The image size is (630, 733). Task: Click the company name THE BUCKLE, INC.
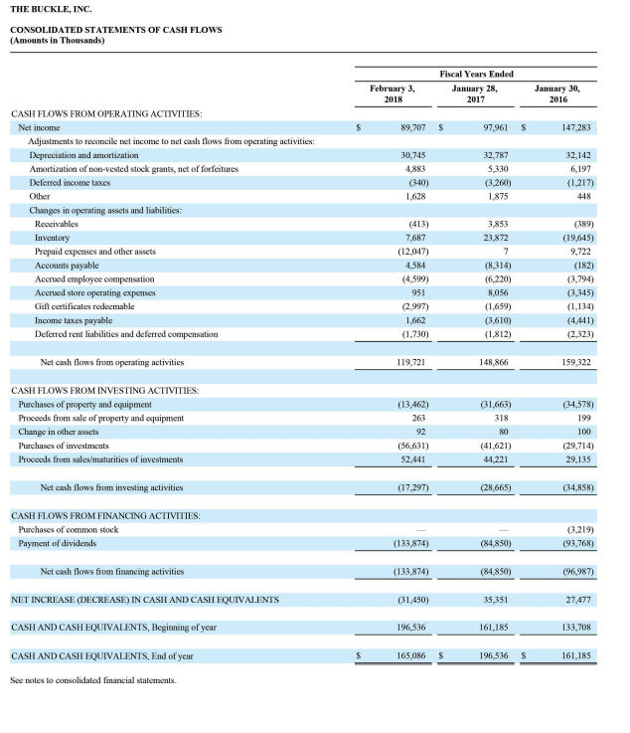pos(51,9)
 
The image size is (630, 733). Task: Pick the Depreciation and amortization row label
pos(83,155)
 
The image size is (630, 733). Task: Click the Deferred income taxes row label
pos(71,182)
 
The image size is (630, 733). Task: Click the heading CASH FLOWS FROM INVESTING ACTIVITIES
pos(105,390)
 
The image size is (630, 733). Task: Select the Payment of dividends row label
pos(59,542)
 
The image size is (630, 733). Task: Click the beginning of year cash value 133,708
pos(576,628)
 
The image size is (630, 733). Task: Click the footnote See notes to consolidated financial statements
pos(93,680)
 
